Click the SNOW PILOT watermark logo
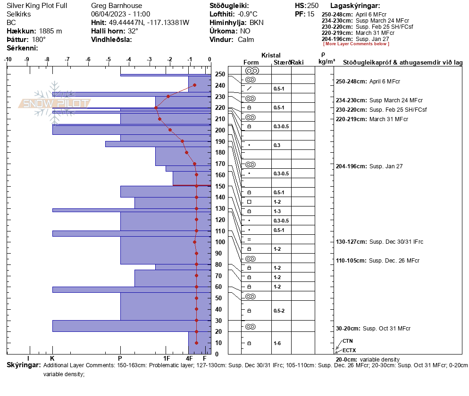pyautogui.click(x=55, y=103)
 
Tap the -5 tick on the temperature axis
pyautogui.click(x=109, y=59)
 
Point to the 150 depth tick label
pyautogui.click(x=220, y=186)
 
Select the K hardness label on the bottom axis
pyautogui.click(x=52, y=358)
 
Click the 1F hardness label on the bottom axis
pyautogui.click(x=167, y=358)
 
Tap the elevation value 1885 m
pyautogui.click(x=50, y=31)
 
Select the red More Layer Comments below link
pyautogui.click(x=356, y=44)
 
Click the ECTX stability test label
pyautogui.click(x=349, y=350)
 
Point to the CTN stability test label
pyautogui.click(x=348, y=340)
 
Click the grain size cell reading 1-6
pyautogui.click(x=277, y=343)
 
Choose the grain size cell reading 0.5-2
pyautogui.click(x=279, y=311)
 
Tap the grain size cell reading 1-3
pyautogui.click(x=277, y=211)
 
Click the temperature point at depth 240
pyautogui.click(x=194, y=85)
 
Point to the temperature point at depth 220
pyautogui.click(x=156, y=107)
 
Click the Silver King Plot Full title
pyautogui.click(x=37, y=6)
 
